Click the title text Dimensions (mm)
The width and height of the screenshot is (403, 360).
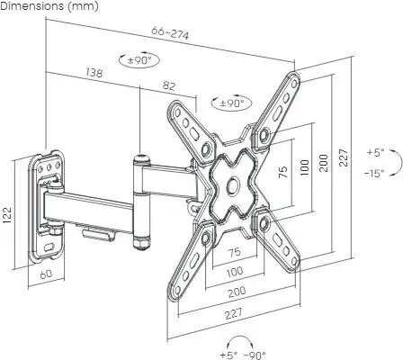pyautogui.click(x=49, y=6)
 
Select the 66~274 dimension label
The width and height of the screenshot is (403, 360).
pyautogui.click(x=170, y=33)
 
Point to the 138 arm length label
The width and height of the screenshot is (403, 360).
pyautogui.click(x=94, y=72)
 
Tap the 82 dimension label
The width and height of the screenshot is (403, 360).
pyautogui.click(x=169, y=85)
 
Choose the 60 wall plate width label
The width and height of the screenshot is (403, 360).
pyautogui.click(x=46, y=274)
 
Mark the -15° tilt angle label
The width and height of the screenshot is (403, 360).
pyautogui.click(x=374, y=173)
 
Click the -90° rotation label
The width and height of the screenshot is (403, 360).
pyautogui.click(x=255, y=355)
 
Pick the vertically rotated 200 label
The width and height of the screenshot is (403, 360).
pyautogui.click(x=323, y=163)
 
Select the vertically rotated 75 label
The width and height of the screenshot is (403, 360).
pyautogui.click(x=283, y=172)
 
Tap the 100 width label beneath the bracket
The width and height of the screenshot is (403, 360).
pyautogui.click(x=235, y=272)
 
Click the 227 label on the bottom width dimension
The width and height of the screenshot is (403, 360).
pyautogui.click(x=233, y=314)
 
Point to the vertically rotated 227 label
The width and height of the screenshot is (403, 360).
pyautogui.click(x=344, y=157)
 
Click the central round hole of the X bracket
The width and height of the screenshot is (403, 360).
pyautogui.click(x=232, y=185)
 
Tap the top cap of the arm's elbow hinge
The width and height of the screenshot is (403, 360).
pyautogui.click(x=141, y=159)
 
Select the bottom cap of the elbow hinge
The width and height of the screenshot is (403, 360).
pyautogui.click(x=142, y=242)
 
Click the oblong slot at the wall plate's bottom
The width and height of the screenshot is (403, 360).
pyautogui.click(x=49, y=247)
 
